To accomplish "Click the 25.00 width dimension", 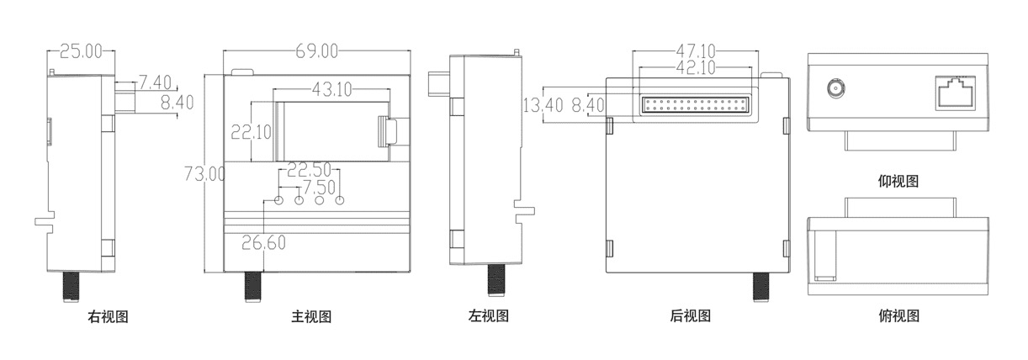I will [81, 52].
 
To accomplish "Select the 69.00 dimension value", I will [316, 52].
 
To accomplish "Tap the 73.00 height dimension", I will [204, 174].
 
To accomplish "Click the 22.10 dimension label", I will [251, 131].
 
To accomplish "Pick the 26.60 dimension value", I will [264, 243].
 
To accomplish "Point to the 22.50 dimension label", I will [308, 170].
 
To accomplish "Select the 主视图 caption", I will [312, 317].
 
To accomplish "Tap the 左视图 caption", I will [489, 317].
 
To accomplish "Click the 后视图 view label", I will [691, 317].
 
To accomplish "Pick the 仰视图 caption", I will [898, 181].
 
